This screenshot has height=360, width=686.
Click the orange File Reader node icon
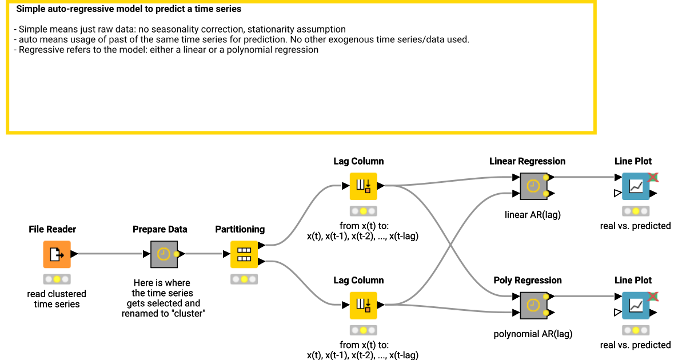point(57,254)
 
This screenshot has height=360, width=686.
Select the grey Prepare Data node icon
point(164,254)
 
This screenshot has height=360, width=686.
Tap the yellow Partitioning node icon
point(244,254)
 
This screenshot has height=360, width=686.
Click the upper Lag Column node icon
point(363,186)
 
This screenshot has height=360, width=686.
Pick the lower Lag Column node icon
point(363,305)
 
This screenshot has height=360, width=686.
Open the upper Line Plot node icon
point(635,186)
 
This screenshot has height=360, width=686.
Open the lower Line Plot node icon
point(635,305)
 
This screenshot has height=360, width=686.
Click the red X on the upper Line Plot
point(652,178)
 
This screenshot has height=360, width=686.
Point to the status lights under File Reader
point(57,279)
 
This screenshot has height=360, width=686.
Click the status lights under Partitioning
point(244,279)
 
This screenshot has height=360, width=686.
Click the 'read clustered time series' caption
point(57,299)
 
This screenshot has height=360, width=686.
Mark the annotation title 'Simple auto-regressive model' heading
point(129,9)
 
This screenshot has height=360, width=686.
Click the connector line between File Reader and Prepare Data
point(109,254)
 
